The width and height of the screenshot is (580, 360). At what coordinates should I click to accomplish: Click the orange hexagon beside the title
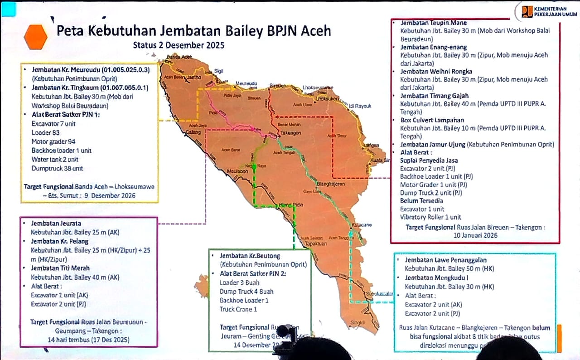pos(36,37)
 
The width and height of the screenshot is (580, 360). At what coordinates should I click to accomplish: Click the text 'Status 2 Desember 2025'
pos(179,45)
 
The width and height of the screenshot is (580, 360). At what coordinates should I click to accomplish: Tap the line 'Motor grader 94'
pos(53,141)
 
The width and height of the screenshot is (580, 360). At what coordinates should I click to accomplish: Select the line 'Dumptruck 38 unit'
pos(57,169)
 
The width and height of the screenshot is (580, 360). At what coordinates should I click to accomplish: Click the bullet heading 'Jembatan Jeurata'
pos(56,224)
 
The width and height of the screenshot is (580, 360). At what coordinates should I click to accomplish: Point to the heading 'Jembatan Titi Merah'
pos(60,268)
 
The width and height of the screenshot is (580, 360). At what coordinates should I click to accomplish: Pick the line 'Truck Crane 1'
pos(238,309)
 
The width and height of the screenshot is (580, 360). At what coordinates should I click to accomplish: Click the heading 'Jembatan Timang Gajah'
pos(434,96)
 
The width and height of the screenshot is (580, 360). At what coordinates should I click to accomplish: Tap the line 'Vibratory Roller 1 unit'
pos(430,217)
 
